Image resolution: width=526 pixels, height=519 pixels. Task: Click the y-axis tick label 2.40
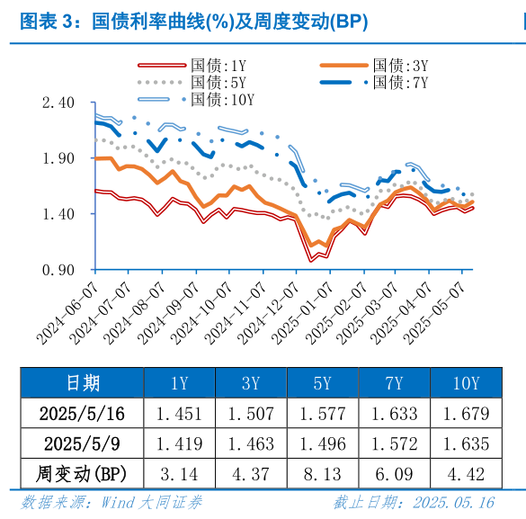click(x=57, y=103)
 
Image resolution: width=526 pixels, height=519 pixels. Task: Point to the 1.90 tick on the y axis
click(x=57, y=158)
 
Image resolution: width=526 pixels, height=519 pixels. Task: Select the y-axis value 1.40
click(x=57, y=214)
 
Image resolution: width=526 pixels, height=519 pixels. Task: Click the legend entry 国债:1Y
click(x=218, y=66)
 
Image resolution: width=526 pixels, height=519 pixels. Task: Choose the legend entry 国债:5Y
click(x=218, y=82)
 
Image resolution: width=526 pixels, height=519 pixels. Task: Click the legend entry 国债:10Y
click(x=223, y=99)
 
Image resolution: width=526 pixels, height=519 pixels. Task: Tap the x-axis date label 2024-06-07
click(x=68, y=311)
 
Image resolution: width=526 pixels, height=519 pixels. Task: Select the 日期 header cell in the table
click(x=83, y=383)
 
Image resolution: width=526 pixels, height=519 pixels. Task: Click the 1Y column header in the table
click(x=179, y=383)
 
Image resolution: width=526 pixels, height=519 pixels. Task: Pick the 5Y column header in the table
click(x=322, y=383)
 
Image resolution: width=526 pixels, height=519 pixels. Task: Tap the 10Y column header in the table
click(x=466, y=383)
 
